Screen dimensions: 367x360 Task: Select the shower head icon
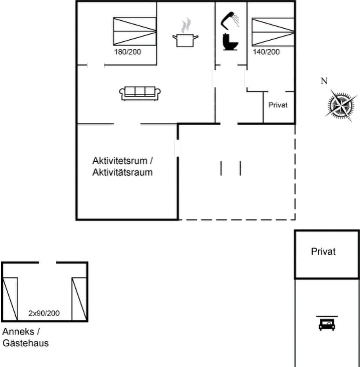230,19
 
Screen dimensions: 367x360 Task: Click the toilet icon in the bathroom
229,41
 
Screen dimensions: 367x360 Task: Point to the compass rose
340,105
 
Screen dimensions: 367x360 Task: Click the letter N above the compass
324,81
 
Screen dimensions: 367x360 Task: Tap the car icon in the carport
327,324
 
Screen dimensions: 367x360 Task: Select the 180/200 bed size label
127,52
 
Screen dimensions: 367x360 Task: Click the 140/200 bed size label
266,52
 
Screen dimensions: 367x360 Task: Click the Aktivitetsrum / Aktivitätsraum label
123,167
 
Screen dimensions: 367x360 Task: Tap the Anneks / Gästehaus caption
25,337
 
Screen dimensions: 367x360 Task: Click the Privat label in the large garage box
323,251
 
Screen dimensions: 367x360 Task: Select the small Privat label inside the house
278,105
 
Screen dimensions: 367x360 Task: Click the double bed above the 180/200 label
134,32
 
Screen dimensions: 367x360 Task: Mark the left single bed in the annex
10,299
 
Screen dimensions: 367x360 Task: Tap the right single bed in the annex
79,299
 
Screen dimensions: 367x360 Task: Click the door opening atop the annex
47,263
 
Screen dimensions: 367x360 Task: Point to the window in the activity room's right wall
177,148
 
